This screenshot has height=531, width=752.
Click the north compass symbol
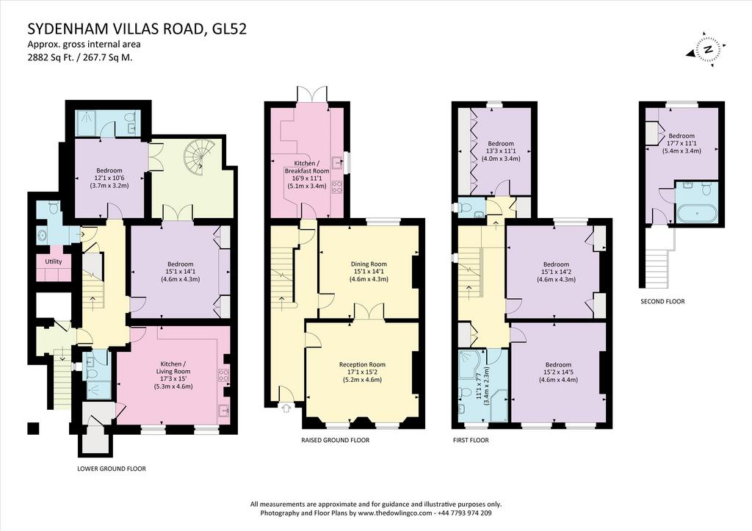[x=708, y=49]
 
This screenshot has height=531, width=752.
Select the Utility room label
[x=53, y=261]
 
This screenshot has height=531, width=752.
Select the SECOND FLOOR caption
[x=662, y=302]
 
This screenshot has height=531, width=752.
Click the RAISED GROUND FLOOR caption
[x=335, y=440]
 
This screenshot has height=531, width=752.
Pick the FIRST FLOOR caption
[x=471, y=440]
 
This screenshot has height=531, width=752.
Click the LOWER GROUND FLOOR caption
[x=112, y=469]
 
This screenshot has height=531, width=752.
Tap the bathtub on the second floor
[x=697, y=213]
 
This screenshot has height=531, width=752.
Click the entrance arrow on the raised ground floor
[x=287, y=408]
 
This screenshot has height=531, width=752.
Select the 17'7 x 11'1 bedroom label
[x=681, y=143]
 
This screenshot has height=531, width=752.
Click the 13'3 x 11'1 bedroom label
[x=501, y=151]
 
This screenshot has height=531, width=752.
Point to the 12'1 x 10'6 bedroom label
[x=109, y=178]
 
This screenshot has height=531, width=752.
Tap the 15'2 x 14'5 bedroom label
[x=558, y=372]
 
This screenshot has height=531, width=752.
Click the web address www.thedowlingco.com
[x=394, y=513]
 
